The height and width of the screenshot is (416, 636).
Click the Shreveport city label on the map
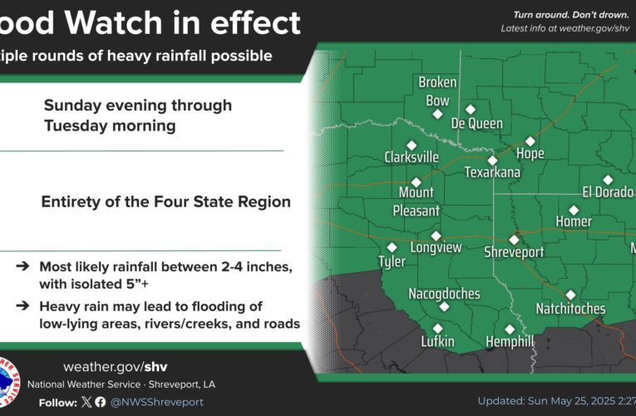click(514, 252)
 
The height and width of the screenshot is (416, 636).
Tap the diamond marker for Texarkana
click(492, 161)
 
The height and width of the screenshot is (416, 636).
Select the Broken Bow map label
click(434, 92)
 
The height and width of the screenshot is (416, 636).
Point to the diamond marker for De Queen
click(471, 109)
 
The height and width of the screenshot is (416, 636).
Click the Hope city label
click(530, 154)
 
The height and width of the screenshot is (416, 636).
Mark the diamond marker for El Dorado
click(608, 180)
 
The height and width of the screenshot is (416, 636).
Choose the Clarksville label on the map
click(411, 157)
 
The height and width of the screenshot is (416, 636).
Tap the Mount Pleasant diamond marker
click(417, 181)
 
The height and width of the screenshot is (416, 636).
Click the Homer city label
click(574, 221)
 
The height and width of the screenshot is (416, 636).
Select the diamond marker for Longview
click(436, 235)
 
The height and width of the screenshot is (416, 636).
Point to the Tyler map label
click(392, 261)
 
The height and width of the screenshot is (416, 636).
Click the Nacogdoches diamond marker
click(444, 306)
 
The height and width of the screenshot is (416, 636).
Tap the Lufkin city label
click(437, 342)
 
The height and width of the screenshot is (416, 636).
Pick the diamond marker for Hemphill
click(510, 329)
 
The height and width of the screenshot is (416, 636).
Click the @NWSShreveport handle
click(157, 402)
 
